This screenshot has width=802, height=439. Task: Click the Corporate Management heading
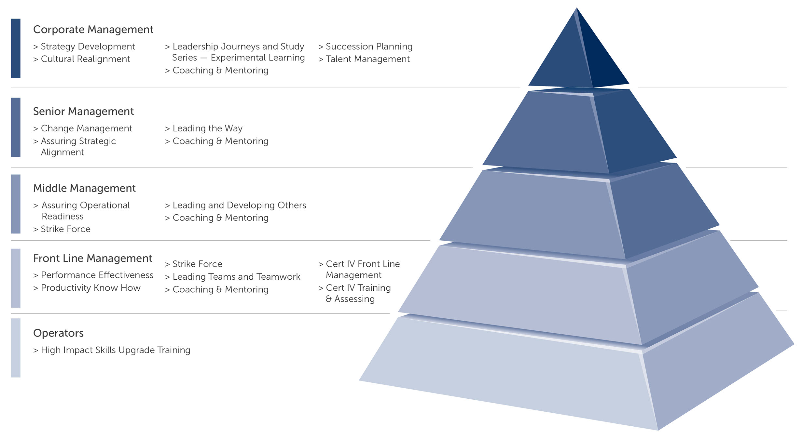93,30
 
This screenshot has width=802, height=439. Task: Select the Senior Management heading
83,112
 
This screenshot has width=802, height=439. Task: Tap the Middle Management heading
84,188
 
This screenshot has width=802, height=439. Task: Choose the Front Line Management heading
92,259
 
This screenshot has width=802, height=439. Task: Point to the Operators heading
58,333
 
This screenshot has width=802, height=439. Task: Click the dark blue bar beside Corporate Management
16,48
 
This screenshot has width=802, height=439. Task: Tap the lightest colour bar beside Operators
16,348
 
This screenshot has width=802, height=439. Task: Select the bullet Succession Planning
369,47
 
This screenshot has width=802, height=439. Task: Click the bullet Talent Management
367,59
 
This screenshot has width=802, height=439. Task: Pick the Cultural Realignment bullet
85,59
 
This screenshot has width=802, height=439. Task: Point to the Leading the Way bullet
207,128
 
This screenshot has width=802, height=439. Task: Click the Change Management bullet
86,128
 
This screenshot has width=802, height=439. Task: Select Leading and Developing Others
239,206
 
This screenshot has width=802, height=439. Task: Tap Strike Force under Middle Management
65,229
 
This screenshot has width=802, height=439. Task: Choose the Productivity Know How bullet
90,288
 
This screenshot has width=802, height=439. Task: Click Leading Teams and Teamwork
236,277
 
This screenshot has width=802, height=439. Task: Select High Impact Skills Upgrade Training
116,350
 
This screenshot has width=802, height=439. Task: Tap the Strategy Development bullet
88,47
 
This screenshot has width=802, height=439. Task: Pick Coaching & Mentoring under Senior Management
220,141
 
